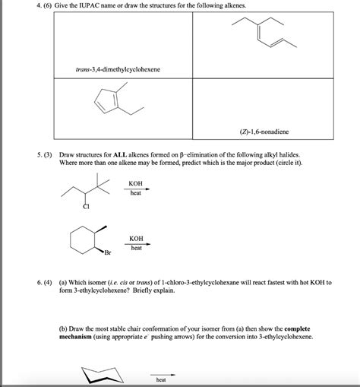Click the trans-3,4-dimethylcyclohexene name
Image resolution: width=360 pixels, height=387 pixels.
pos(117,69)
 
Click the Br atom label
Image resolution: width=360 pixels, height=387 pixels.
pos(108,252)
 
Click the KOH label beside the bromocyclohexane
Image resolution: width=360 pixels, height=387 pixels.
pos(137,238)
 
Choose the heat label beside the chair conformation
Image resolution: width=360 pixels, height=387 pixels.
pos(161,379)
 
